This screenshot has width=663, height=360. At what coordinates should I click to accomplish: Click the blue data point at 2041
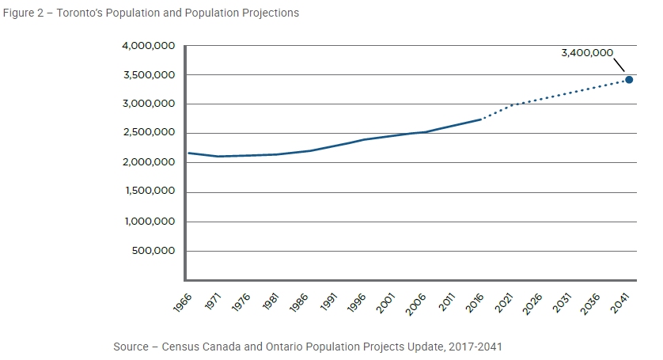pos(629,80)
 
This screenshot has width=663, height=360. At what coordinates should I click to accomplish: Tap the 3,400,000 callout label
pos(587,53)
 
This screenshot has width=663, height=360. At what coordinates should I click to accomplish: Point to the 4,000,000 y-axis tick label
pos(149,46)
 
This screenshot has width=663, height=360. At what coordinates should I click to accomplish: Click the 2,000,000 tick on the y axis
pos(149,163)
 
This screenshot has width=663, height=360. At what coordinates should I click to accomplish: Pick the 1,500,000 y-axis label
pos(150,192)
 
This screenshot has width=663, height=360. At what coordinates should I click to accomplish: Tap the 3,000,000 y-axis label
pos(149,104)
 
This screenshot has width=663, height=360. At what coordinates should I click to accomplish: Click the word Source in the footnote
pos(131,347)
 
